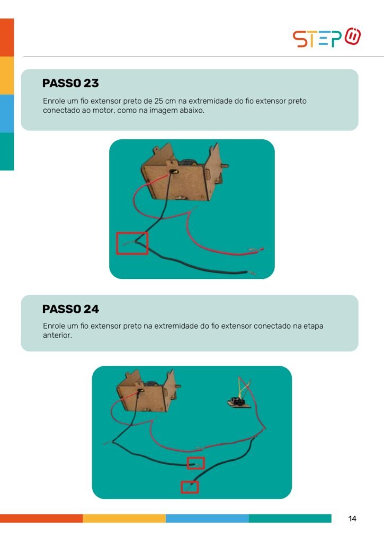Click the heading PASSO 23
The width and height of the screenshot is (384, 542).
pyautogui.click(x=70, y=83)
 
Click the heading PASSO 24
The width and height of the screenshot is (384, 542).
pyautogui.click(x=70, y=309)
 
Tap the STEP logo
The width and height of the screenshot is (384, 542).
pyautogui.click(x=327, y=38)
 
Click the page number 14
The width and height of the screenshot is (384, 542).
pyautogui.click(x=352, y=519)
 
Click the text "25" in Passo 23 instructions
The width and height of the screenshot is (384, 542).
pyautogui.click(x=159, y=101)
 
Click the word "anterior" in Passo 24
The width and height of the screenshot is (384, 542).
pyautogui.click(x=57, y=335)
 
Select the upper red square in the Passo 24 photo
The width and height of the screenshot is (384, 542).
pyautogui.click(x=196, y=458)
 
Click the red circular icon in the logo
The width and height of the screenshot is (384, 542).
pyautogui.click(x=353, y=36)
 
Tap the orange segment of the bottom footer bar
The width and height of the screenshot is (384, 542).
pyautogui.click(x=41, y=518)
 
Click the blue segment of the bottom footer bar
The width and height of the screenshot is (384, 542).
pyautogui.click(x=207, y=518)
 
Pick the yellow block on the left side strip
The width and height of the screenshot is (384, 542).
pyautogui.click(x=7, y=75)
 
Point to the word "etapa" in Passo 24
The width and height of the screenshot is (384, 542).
pyautogui.click(x=313, y=326)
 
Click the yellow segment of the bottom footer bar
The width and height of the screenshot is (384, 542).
pyautogui.click(x=124, y=518)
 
